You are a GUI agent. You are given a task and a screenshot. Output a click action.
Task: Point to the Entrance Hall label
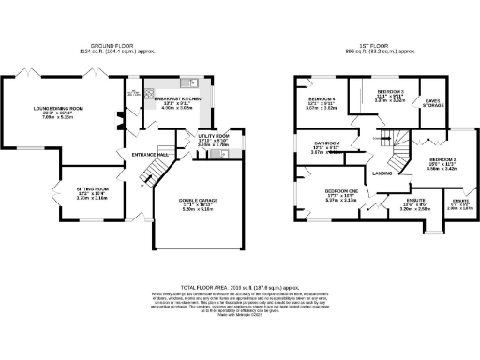pos(149,154)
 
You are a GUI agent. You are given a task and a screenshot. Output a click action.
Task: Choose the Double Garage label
pos(198,200)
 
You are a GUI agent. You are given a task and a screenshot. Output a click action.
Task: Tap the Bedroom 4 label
pos(322,97)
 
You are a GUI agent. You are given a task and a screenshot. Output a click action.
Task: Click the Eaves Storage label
pos(432,103)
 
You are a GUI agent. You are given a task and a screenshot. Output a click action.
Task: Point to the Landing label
pos(382,173)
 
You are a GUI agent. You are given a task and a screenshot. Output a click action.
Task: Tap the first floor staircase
pos(401,150)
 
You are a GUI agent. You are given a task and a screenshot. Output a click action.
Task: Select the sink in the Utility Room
pos(225,155)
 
